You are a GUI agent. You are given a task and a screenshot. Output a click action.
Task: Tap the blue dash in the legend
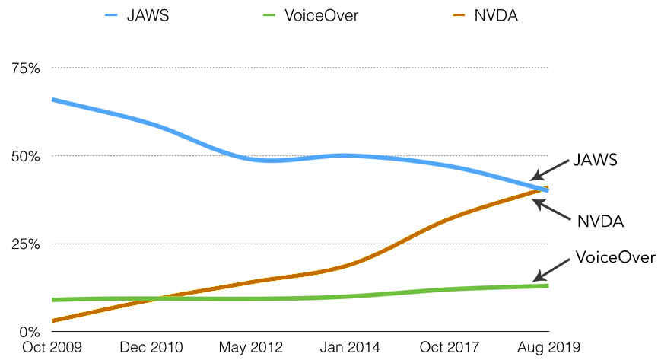[112, 15]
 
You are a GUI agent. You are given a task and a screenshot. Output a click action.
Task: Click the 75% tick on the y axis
[26, 68]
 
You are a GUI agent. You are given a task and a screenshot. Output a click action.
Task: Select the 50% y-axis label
[26, 156]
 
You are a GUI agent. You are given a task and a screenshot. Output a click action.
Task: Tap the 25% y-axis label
[26, 244]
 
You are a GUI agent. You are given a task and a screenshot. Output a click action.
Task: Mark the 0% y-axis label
[30, 332]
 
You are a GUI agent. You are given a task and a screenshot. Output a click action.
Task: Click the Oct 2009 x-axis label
[50, 348]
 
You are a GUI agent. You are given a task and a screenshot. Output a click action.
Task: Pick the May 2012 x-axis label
[250, 348]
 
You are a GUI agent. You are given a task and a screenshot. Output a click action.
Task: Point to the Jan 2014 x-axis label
[349, 348]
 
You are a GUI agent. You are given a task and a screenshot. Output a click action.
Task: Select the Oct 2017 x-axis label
[449, 348]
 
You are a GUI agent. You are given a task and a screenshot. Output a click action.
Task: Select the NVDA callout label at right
[601, 221]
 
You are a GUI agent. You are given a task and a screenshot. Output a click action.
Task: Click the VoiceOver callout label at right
[615, 257]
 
